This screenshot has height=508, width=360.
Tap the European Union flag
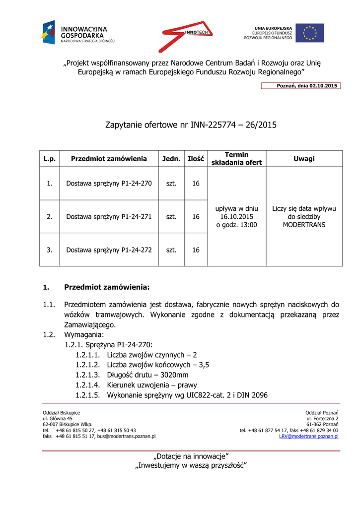tap(310, 33)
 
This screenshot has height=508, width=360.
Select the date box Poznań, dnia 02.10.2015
tap(301, 86)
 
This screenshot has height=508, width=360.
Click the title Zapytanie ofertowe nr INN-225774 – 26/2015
tap(191, 125)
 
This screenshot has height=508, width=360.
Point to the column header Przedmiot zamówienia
tap(109, 159)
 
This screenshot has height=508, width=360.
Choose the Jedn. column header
tap(171, 159)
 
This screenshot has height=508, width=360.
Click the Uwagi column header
tap(304, 159)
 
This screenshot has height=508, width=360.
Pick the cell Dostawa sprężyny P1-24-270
tap(109, 184)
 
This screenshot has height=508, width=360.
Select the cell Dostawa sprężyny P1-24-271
tap(109, 217)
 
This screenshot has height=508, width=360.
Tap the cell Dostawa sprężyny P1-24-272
tap(109, 250)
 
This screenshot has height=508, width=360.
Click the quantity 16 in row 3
tap(196, 250)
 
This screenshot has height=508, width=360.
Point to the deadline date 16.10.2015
tap(236, 217)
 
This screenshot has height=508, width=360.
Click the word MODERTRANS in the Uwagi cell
tap(304, 225)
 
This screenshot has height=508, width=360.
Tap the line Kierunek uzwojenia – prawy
tap(152, 385)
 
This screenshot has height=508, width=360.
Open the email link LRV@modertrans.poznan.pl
tap(308, 437)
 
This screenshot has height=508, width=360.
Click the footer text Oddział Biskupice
tap(61, 413)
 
